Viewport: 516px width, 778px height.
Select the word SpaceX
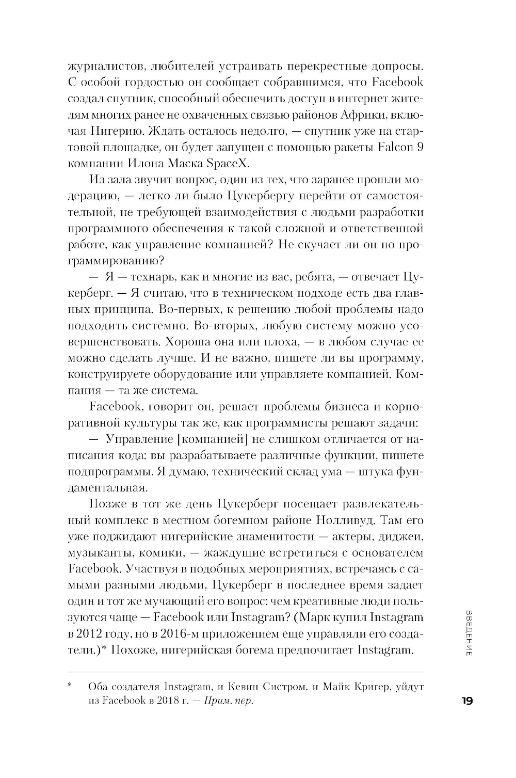click(229, 163)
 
